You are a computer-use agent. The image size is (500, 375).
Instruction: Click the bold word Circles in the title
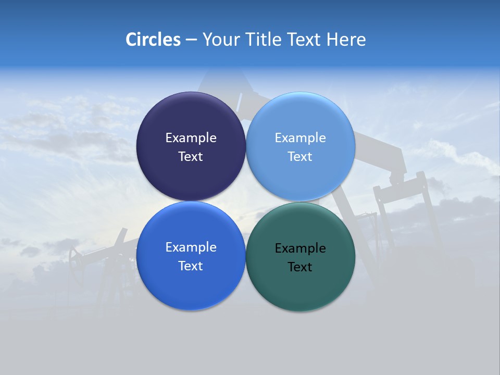153,40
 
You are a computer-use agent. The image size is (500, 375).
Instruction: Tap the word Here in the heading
346,40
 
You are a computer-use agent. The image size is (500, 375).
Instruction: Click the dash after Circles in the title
191,40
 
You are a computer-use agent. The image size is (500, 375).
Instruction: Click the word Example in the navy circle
191,137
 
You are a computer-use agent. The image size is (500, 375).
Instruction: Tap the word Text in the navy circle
191,156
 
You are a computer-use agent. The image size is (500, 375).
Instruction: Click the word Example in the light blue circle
300,137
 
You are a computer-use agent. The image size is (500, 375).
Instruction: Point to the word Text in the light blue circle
300,156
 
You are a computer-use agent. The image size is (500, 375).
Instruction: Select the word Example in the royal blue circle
191,247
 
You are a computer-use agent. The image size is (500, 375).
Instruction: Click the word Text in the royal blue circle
191,266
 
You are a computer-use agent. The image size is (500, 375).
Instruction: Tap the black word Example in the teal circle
300,248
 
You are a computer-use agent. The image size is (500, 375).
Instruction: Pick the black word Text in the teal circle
300,267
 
